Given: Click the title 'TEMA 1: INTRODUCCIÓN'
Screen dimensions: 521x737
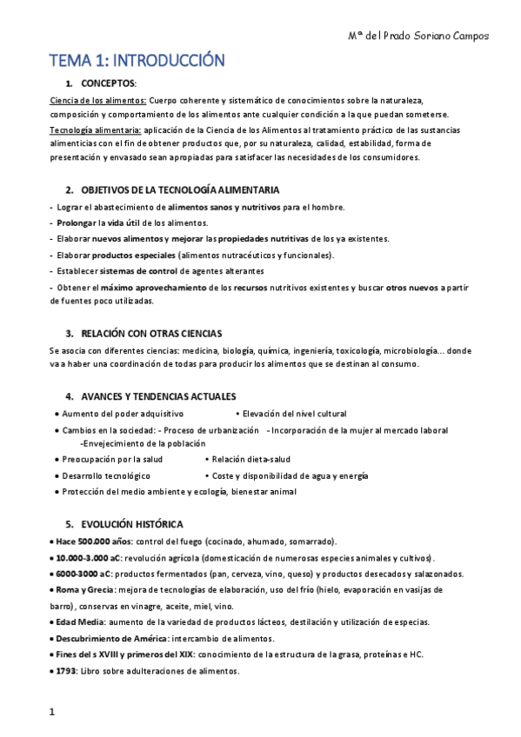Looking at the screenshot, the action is (x=137, y=61).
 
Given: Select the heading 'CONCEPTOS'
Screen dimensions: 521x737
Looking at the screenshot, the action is (x=108, y=83).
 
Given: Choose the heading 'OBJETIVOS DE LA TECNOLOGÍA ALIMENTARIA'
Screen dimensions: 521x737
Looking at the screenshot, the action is (x=181, y=189).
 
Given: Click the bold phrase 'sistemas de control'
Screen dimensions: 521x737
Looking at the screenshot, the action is (x=174, y=270).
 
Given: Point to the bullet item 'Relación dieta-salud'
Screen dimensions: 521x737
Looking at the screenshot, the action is (x=250, y=460).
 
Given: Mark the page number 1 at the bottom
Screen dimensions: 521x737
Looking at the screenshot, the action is (x=52, y=713).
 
